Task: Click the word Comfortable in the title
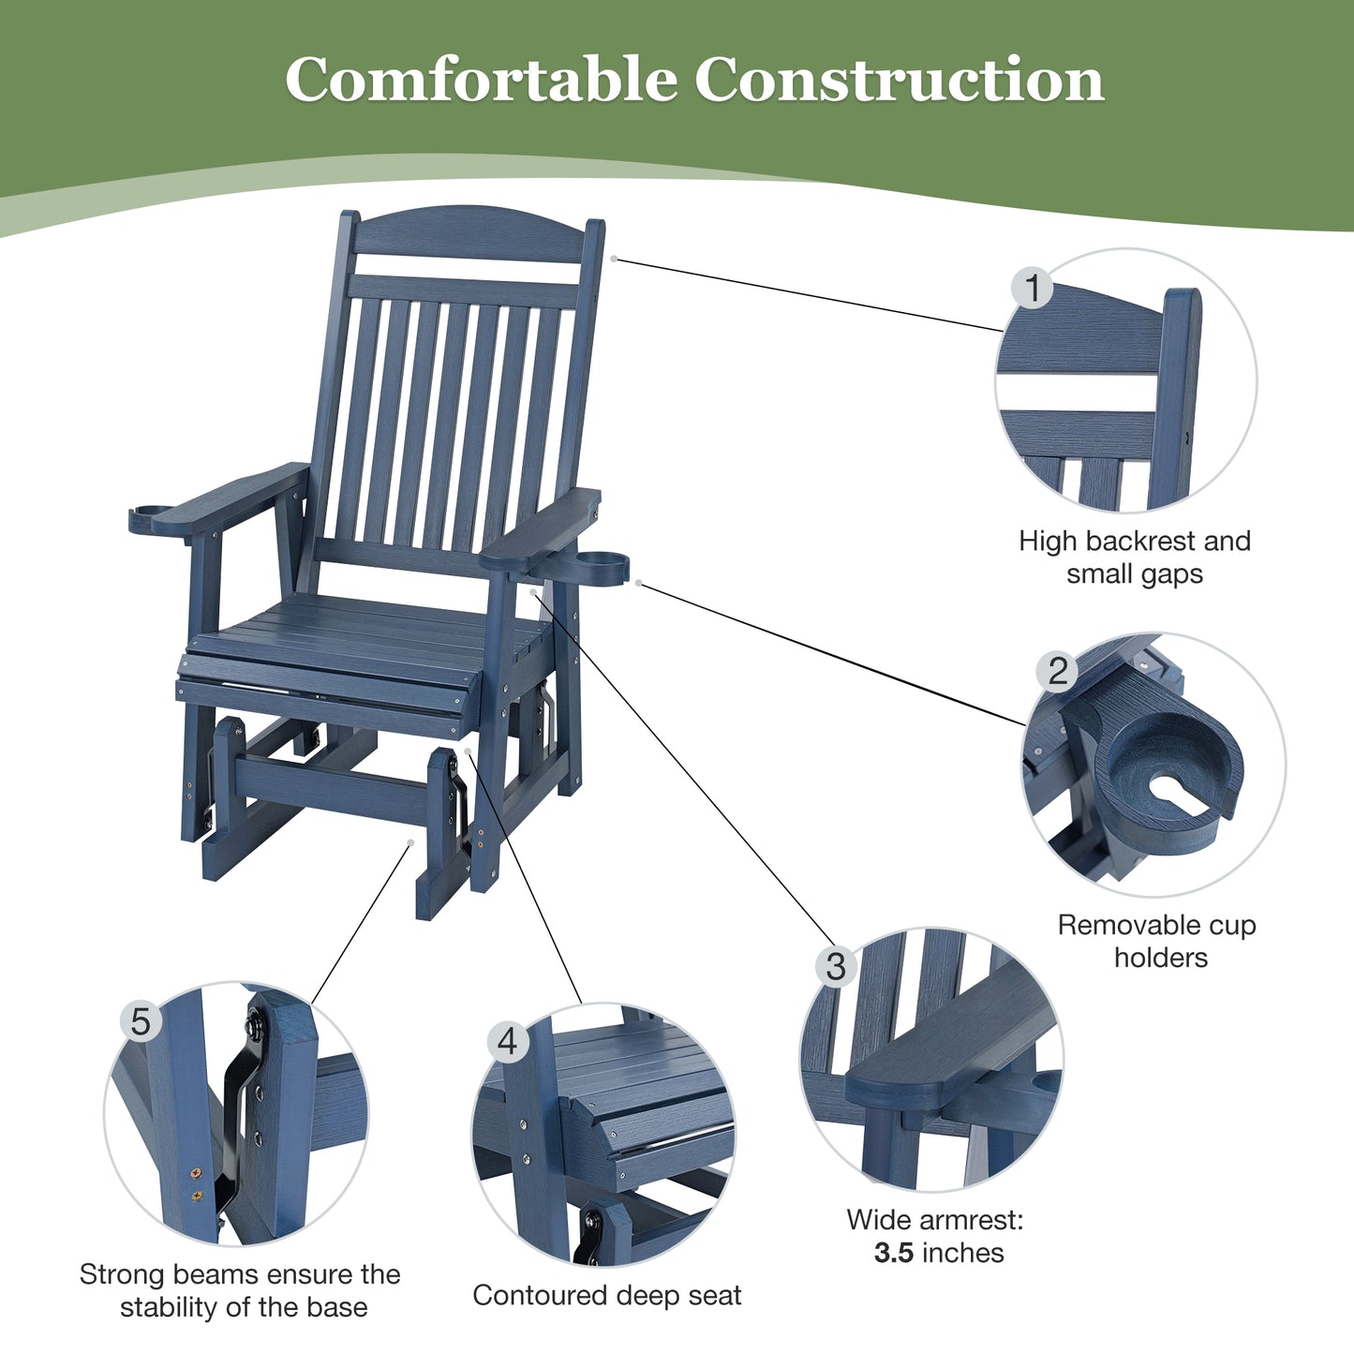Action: click(x=481, y=81)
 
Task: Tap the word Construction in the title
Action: click(x=899, y=81)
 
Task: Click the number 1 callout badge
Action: click(x=1033, y=288)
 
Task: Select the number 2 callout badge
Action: click(x=1058, y=672)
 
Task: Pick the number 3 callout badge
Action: click(x=836, y=966)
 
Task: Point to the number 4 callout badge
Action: click(x=507, y=1041)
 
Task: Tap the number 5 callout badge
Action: click(x=141, y=1021)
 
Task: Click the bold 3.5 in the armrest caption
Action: click(x=893, y=1253)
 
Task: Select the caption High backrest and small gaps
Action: click(x=1135, y=558)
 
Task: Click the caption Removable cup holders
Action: click(x=1157, y=941)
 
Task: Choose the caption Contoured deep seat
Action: click(x=606, y=1295)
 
